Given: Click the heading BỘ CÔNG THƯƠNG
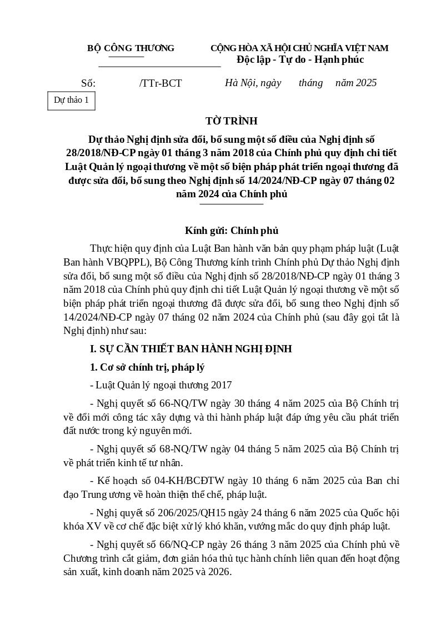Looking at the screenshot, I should click(131, 48).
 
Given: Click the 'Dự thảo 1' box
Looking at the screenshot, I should click(71, 101).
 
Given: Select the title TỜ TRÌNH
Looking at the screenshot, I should click(231, 121).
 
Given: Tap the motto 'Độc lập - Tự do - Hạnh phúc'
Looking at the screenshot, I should click(300, 59).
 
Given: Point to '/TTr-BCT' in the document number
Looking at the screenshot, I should click(161, 83).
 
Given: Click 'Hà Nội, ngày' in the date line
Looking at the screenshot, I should click(253, 83).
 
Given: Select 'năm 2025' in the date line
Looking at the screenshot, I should click(356, 83).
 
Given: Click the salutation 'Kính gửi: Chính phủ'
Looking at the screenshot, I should click(231, 231).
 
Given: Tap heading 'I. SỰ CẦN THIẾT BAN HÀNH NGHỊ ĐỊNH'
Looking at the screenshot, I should click(191, 349).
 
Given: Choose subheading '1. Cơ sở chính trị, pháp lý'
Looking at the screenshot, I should click(147, 367).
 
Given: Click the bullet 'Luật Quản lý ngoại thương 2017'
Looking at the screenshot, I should click(163, 385).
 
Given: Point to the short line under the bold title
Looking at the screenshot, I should click(231, 204).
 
